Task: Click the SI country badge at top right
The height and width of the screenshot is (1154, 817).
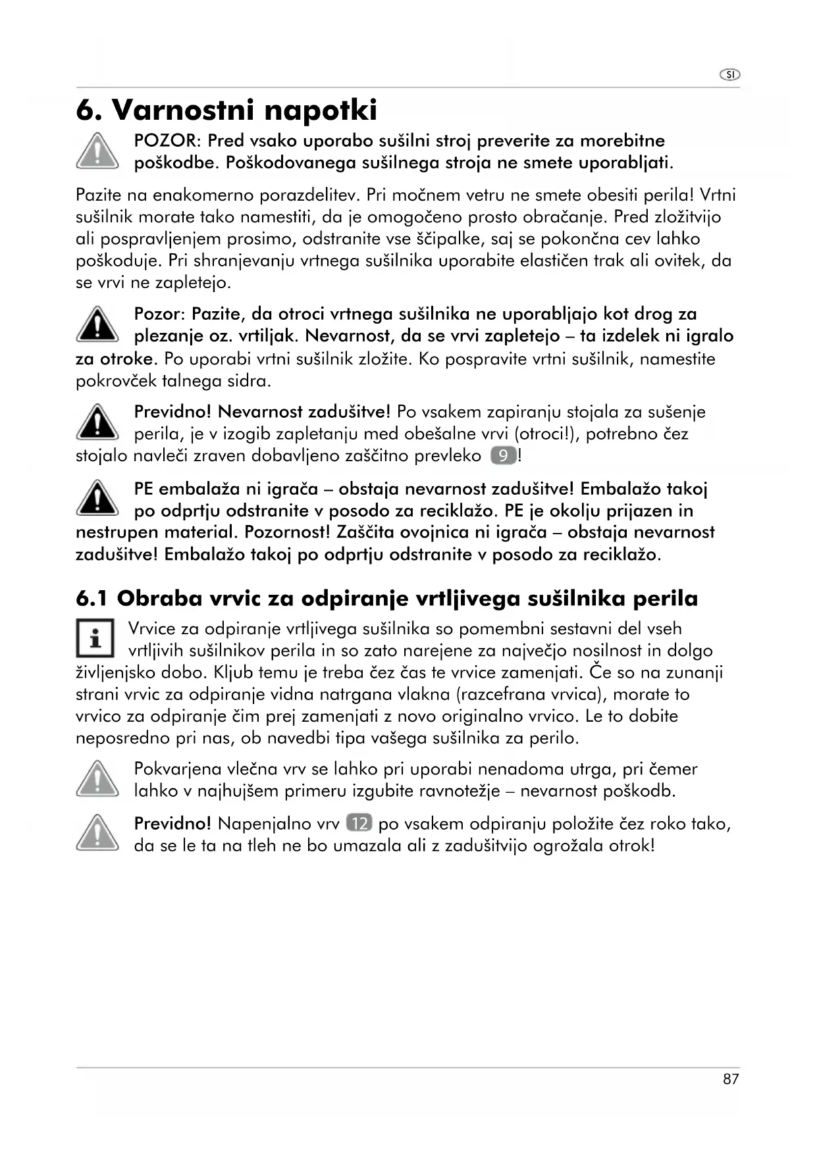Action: (729, 74)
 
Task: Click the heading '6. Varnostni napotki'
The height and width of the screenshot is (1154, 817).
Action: (226, 110)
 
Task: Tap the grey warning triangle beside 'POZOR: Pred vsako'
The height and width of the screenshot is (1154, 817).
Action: (97, 151)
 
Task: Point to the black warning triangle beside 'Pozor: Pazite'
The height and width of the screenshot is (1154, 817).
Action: (97, 324)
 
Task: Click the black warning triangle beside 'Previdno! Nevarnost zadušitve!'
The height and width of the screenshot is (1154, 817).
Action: (97, 422)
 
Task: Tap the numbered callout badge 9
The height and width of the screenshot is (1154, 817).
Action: (504, 456)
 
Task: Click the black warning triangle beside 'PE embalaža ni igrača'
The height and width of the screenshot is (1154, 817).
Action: (97, 498)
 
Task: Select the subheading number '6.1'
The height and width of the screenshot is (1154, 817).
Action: (92, 598)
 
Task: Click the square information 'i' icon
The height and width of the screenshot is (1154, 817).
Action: (95, 638)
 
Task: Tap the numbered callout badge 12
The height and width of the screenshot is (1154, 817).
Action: (359, 823)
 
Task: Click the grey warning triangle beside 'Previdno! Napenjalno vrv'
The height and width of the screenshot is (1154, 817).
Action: (97, 833)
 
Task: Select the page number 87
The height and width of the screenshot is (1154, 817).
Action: (731, 1079)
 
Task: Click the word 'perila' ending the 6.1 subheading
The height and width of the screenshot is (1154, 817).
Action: (665, 598)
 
